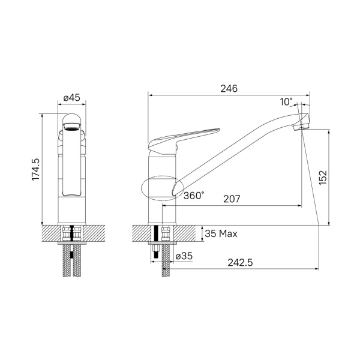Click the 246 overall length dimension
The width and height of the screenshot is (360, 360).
pyautogui.click(x=228, y=88)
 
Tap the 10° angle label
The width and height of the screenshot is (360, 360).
pyautogui.click(x=286, y=102)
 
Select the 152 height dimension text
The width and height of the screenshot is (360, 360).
pyautogui.click(x=323, y=177)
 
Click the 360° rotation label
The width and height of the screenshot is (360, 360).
pyautogui.click(x=194, y=196)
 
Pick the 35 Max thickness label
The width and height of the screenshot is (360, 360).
pyautogui.click(x=221, y=233)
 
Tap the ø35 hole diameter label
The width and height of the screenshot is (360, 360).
pyautogui.click(x=184, y=256)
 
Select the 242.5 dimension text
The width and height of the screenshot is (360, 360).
pyautogui.click(x=241, y=262)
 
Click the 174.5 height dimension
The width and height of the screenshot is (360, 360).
pyautogui.click(x=35, y=170)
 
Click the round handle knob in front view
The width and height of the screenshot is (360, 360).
pyautogui.click(x=72, y=118)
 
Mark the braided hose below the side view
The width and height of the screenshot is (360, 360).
pyautogui.click(x=165, y=270)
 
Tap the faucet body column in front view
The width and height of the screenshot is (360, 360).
pyautogui.click(x=72, y=180)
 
